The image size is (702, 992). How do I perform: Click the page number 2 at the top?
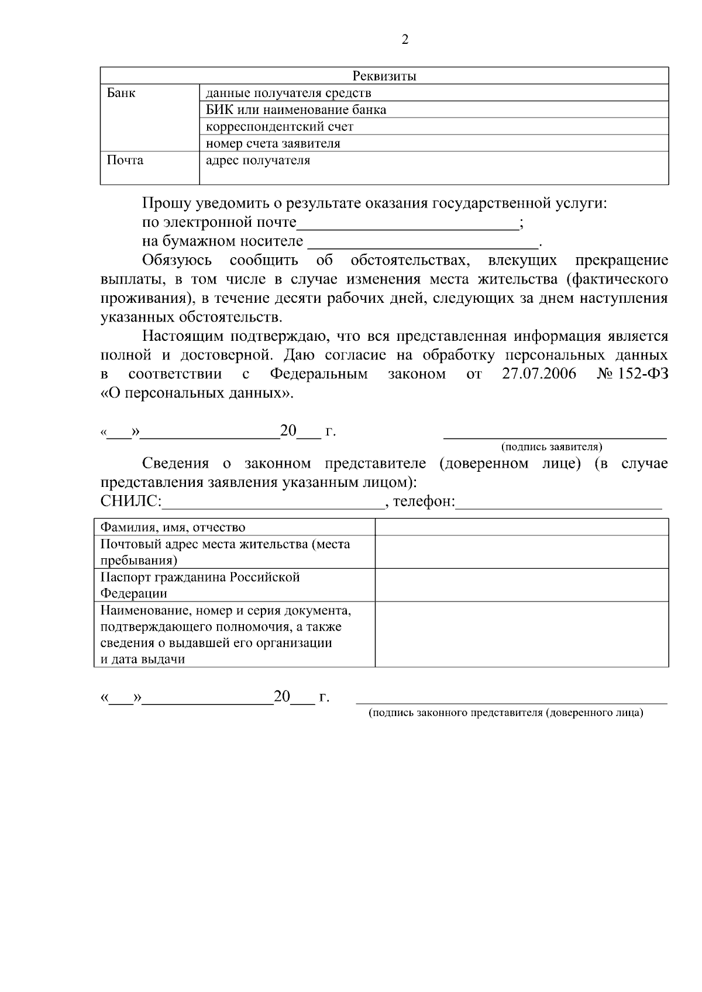[x=405, y=40]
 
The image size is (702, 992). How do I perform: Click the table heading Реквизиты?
[x=384, y=76]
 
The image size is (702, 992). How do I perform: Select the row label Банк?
[x=121, y=93]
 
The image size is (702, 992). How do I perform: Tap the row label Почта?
[x=125, y=160]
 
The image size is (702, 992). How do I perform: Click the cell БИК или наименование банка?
[x=296, y=110]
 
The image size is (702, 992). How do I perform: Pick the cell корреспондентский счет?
[x=280, y=127]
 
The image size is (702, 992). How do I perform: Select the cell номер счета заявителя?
[x=273, y=143]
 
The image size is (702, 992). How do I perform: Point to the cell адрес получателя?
[x=258, y=160]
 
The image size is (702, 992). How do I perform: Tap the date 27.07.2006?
[x=539, y=374]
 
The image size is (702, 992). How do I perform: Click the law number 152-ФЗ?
[x=643, y=374]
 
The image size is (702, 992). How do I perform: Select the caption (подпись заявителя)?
[x=552, y=447]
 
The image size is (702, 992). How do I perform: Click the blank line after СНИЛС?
[x=273, y=503]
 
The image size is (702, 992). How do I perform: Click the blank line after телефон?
[x=558, y=503]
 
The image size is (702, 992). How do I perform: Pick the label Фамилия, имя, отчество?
[x=173, y=527]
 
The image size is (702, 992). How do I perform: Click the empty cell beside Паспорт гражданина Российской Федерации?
[x=521, y=585]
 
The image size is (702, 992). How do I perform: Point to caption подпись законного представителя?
[x=505, y=713]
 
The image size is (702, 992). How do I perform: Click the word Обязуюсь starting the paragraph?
[x=177, y=260]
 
